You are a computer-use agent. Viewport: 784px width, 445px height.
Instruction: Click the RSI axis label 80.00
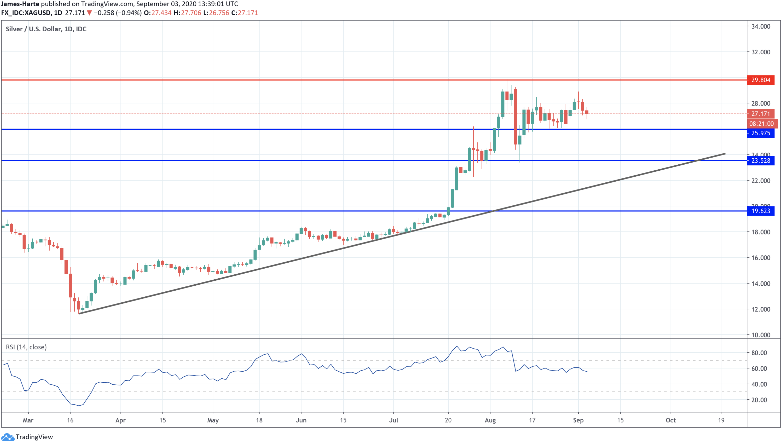click(x=759, y=353)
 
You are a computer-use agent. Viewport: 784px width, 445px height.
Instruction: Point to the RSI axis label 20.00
click(x=759, y=400)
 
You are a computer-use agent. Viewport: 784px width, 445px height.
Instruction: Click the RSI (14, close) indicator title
click(x=26, y=347)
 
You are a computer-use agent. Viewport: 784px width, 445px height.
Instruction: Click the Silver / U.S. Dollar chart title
click(x=46, y=29)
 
